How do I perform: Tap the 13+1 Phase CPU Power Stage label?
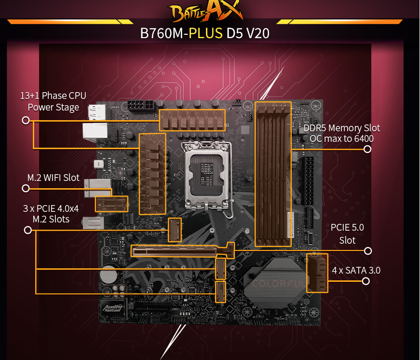[x=53, y=101]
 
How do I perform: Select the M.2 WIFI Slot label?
[x=53, y=178]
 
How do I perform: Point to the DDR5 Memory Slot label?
[x=341, y=133]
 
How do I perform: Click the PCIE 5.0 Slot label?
[x=347, y=234]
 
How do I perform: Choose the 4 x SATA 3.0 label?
[x=356, y=270]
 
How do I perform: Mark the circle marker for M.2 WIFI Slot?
[x=26, y=188]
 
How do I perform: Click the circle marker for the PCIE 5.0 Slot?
[x=368, y=250]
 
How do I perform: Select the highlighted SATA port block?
[x=317, y=273]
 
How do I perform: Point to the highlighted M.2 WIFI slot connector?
[x=111, y=204]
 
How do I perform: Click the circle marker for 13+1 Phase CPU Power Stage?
[x=26, y=120]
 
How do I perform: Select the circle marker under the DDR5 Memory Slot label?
[x=367, y=149]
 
